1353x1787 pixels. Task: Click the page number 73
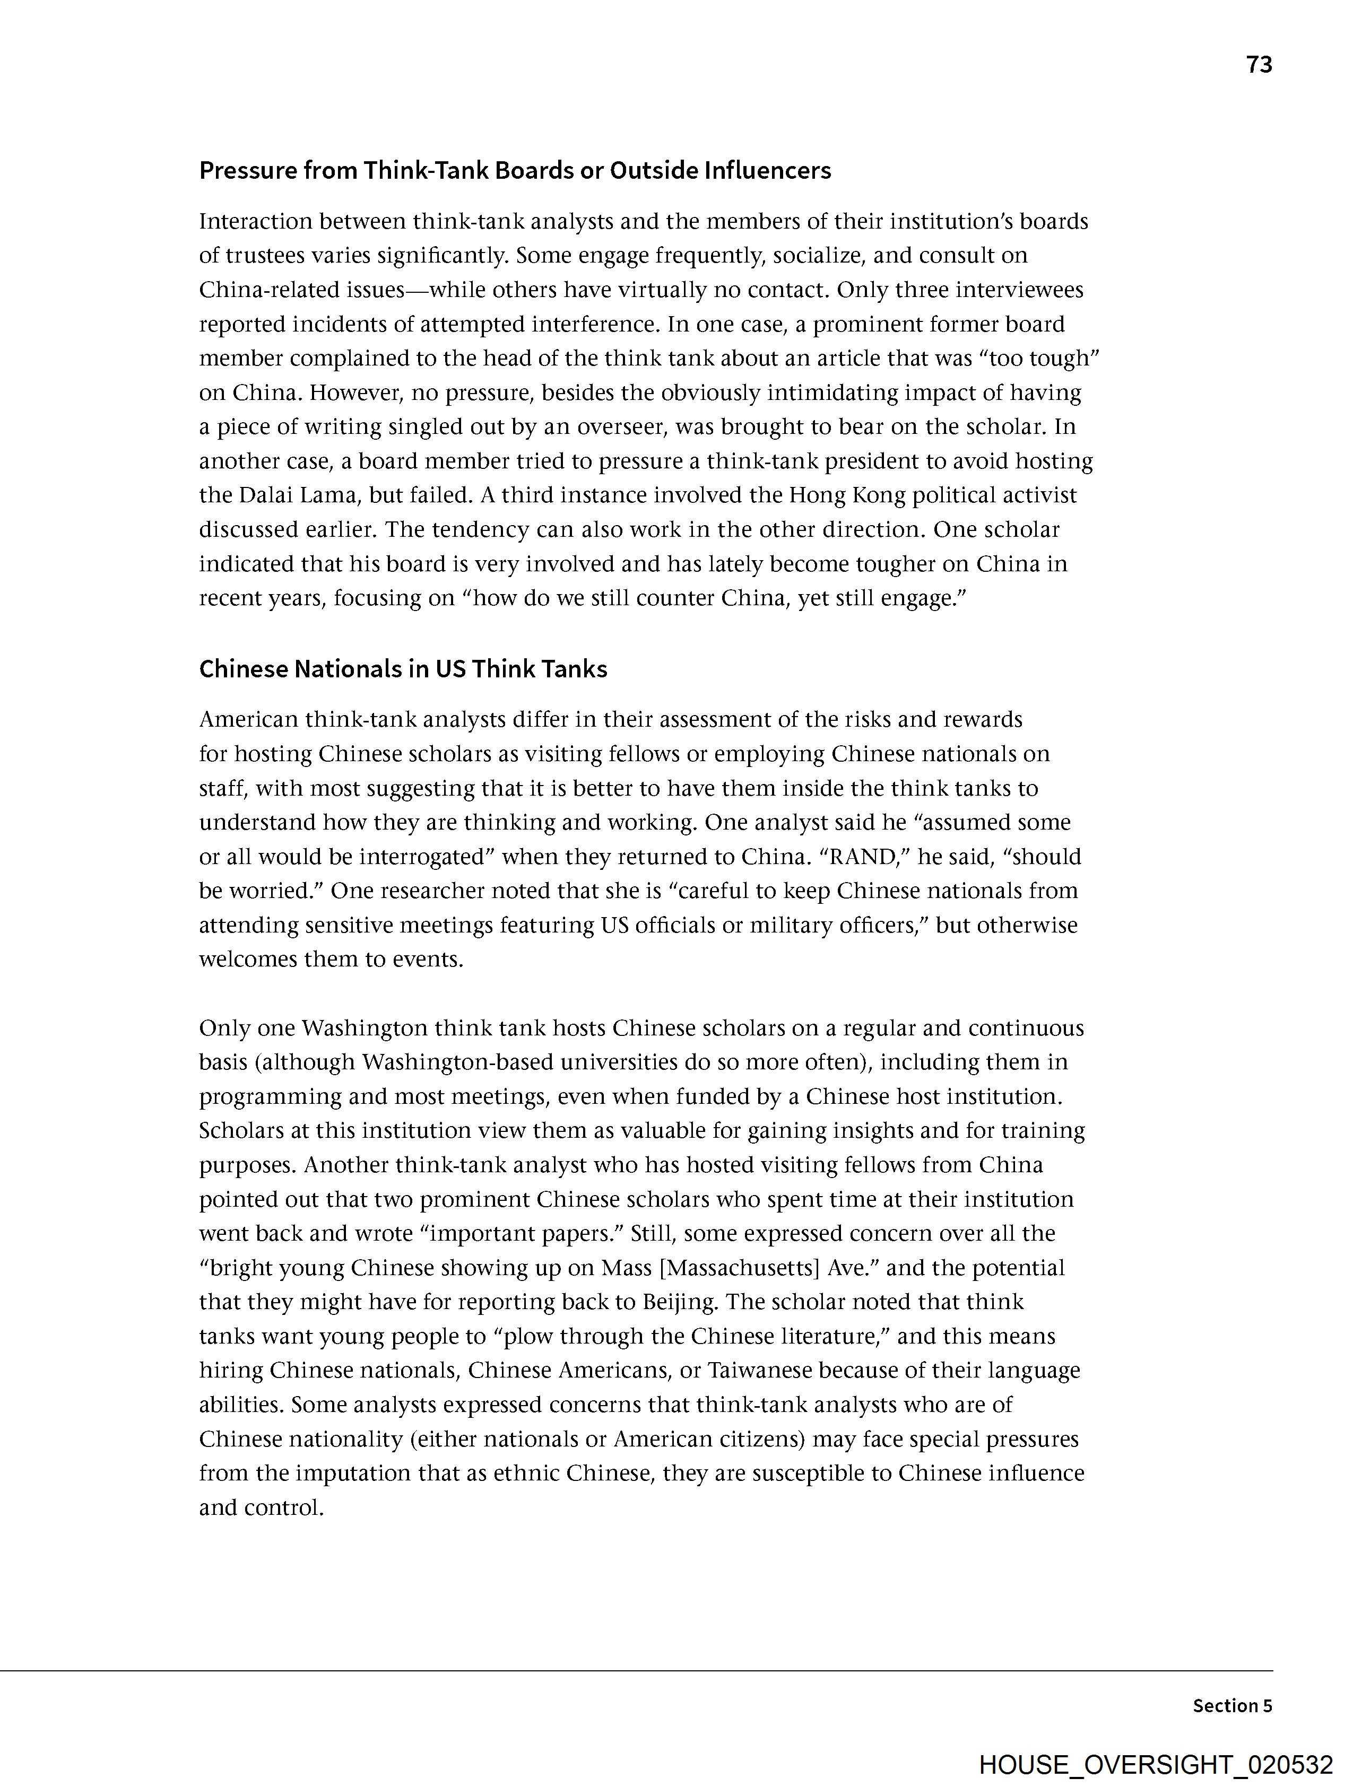1259,65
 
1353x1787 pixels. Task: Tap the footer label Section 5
1232,1705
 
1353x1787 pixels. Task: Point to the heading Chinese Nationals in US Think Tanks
403,669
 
